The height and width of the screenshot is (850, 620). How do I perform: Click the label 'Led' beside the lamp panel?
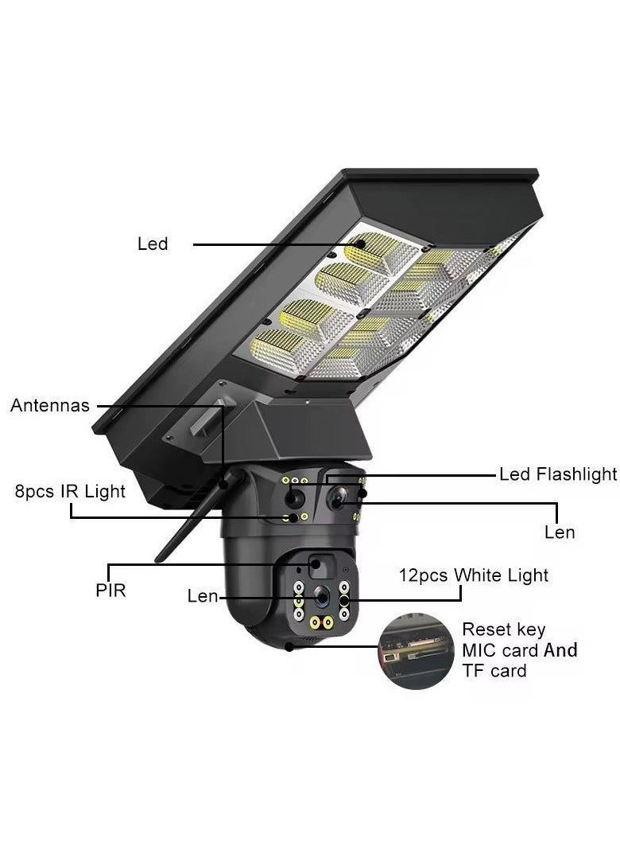coord(153,244)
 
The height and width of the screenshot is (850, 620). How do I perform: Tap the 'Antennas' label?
coord(50,406)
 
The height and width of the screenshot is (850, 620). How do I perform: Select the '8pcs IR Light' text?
coord(70,491)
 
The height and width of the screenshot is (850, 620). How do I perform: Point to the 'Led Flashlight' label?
coord(558,474)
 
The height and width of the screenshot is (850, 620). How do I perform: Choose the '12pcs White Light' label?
coord(473,575)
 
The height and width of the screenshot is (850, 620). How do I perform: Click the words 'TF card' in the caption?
coord(494,671)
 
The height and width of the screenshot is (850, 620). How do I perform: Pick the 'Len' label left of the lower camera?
coord(203,595)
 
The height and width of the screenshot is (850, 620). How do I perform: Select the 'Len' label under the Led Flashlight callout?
coord(560,532)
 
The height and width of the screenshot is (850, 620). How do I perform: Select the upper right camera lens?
coord(337,499)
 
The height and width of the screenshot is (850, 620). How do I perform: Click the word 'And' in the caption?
coord(560,650)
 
